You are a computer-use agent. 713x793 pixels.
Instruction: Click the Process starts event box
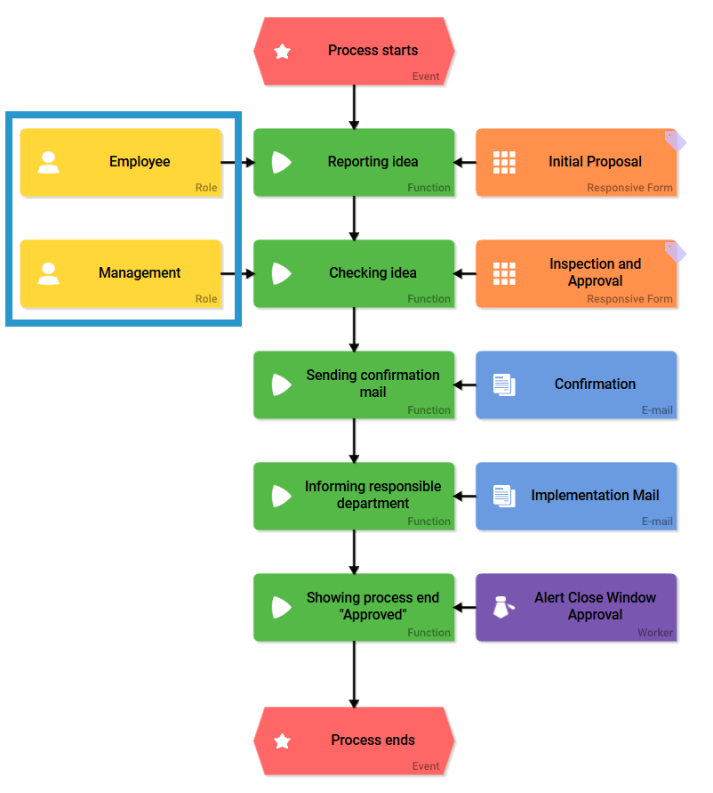(x=354, y=51)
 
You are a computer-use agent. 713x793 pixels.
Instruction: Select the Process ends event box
(x=354, y=740)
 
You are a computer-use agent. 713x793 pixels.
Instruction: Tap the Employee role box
(x=121, y=162)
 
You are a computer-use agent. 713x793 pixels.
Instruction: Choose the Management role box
(x=121, y=273)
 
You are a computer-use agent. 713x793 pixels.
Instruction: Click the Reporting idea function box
(x=354, y=162)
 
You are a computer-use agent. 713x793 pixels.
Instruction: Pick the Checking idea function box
(x=354, y=273)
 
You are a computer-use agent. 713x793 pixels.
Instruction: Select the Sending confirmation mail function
(x=354, y=384)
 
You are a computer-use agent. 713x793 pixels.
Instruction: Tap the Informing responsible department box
(x=354, y=496)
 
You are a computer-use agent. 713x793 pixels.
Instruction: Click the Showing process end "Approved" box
(x=354, y=607)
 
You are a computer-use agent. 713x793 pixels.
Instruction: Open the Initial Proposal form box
(x=576, y=162)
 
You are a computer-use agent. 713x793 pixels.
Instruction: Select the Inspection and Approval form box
(x=576, y=273)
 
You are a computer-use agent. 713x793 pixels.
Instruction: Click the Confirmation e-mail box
(x=576, y=384)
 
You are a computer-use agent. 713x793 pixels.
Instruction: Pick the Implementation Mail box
(x=576, y=496)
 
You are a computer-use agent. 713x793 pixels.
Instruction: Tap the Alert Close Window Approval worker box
(x=576, y=607)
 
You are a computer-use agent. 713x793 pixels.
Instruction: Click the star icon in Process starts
(x=282, y=52)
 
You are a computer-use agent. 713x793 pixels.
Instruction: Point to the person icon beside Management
(x=49, y=273)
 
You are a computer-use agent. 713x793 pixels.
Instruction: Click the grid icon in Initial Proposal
(x=504, y=162)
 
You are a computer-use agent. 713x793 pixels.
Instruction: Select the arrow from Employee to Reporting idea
(x=237, y=163)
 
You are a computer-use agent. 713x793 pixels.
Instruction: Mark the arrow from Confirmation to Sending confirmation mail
(x=465, y=385)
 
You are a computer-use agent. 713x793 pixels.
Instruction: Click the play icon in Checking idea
(x=281, y=273)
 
